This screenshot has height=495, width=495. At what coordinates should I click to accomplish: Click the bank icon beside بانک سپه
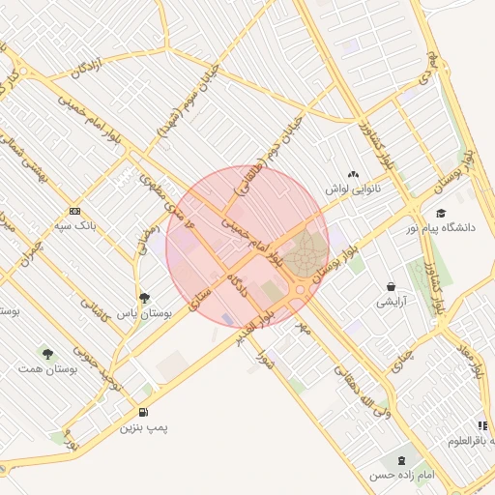coord(74,212)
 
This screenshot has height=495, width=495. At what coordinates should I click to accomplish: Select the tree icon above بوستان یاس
coord(144,298)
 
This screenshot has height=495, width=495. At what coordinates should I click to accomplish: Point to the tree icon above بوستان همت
coord(47,354)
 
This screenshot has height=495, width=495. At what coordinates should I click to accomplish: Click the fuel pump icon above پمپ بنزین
coord(144,410)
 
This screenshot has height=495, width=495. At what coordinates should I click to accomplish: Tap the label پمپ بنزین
coord(144,426)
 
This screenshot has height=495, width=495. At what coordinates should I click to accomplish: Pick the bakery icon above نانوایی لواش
coord(353,175)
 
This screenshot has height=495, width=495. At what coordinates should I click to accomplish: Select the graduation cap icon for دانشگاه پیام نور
coord(441,213)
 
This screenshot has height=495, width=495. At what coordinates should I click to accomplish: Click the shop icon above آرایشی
coord(391,286)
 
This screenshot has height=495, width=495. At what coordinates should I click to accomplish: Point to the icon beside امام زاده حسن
coord(399,460)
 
